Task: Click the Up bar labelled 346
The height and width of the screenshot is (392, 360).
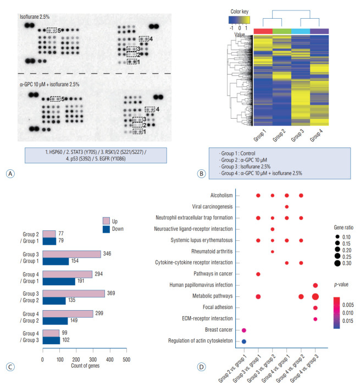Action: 71,254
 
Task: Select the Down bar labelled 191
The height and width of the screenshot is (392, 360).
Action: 74,281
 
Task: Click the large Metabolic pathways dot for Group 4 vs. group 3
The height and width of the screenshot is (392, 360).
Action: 315,297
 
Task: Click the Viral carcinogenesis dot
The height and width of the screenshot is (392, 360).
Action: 287,206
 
